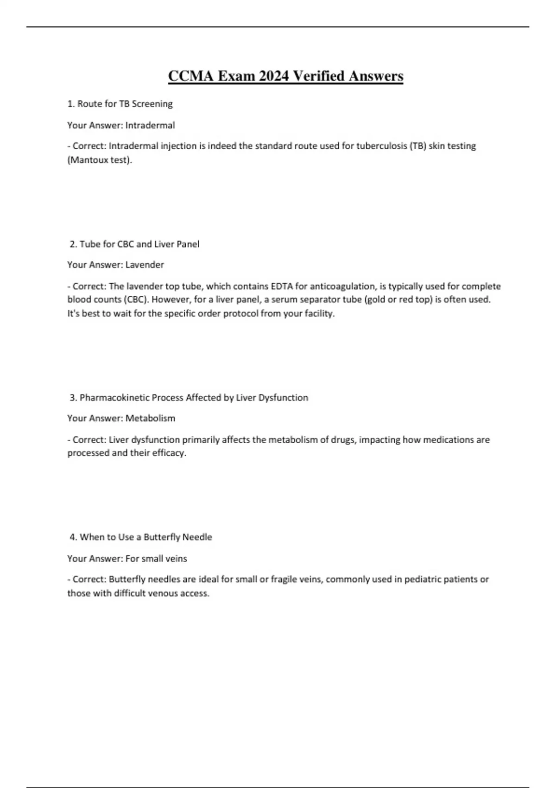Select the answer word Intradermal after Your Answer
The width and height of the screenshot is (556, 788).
click(x=150, y=125)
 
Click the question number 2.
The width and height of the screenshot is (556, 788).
click(x=73, y=244)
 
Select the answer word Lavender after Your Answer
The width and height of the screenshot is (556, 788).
click(x=145, y=265)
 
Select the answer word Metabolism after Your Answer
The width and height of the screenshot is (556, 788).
click(x=150, y=418)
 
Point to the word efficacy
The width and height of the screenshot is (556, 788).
click(x=169, y=453)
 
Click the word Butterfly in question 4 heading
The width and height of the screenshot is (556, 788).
click(x=162, y=537)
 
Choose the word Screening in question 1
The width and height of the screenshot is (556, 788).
click(x=152, y=104)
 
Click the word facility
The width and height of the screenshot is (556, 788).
click(x=319, y=313)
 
